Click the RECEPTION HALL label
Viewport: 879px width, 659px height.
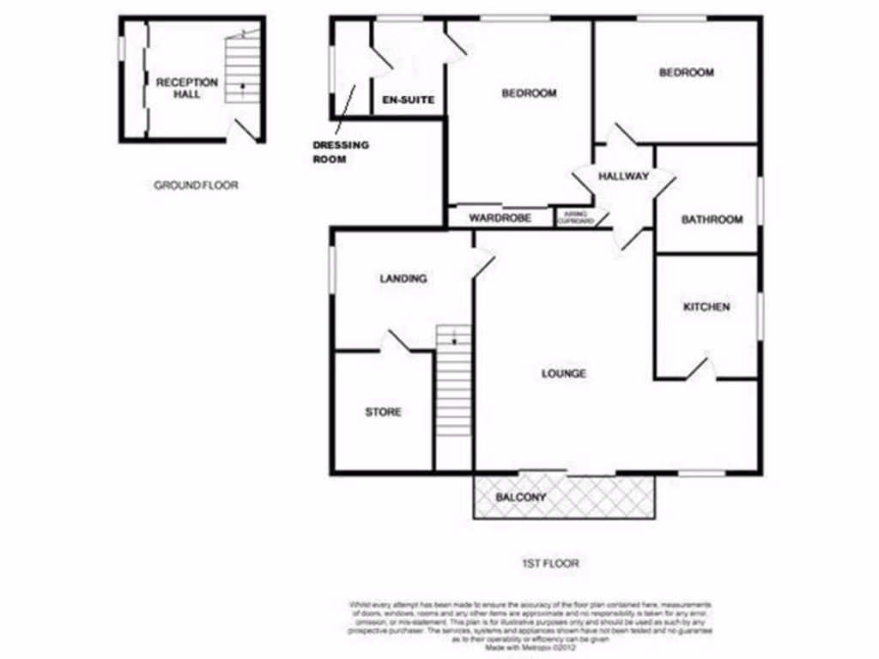[x=186, y=88]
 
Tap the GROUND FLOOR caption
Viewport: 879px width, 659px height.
[x=196, y=184]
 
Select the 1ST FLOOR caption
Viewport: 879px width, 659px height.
[x=550, y=564]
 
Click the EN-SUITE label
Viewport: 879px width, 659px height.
[x=409, y=100]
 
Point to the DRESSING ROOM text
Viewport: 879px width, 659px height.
[x=340, y=152]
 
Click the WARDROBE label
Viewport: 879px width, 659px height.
[x=500, y=218]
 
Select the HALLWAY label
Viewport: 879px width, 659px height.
[x=623, y=176]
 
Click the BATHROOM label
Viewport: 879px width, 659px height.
[x=712, y=220]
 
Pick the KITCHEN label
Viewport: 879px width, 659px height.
[x=706, y=306]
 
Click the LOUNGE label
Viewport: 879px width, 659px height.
[x=564, y=373]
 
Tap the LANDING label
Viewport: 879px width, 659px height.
[x=403, y=278]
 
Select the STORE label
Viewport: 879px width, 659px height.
[x=383, y=412]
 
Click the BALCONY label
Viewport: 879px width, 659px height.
[x=521, y=498]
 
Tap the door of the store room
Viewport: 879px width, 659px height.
[x=394, y=341]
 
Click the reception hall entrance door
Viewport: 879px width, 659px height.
[x=245, y=129]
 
